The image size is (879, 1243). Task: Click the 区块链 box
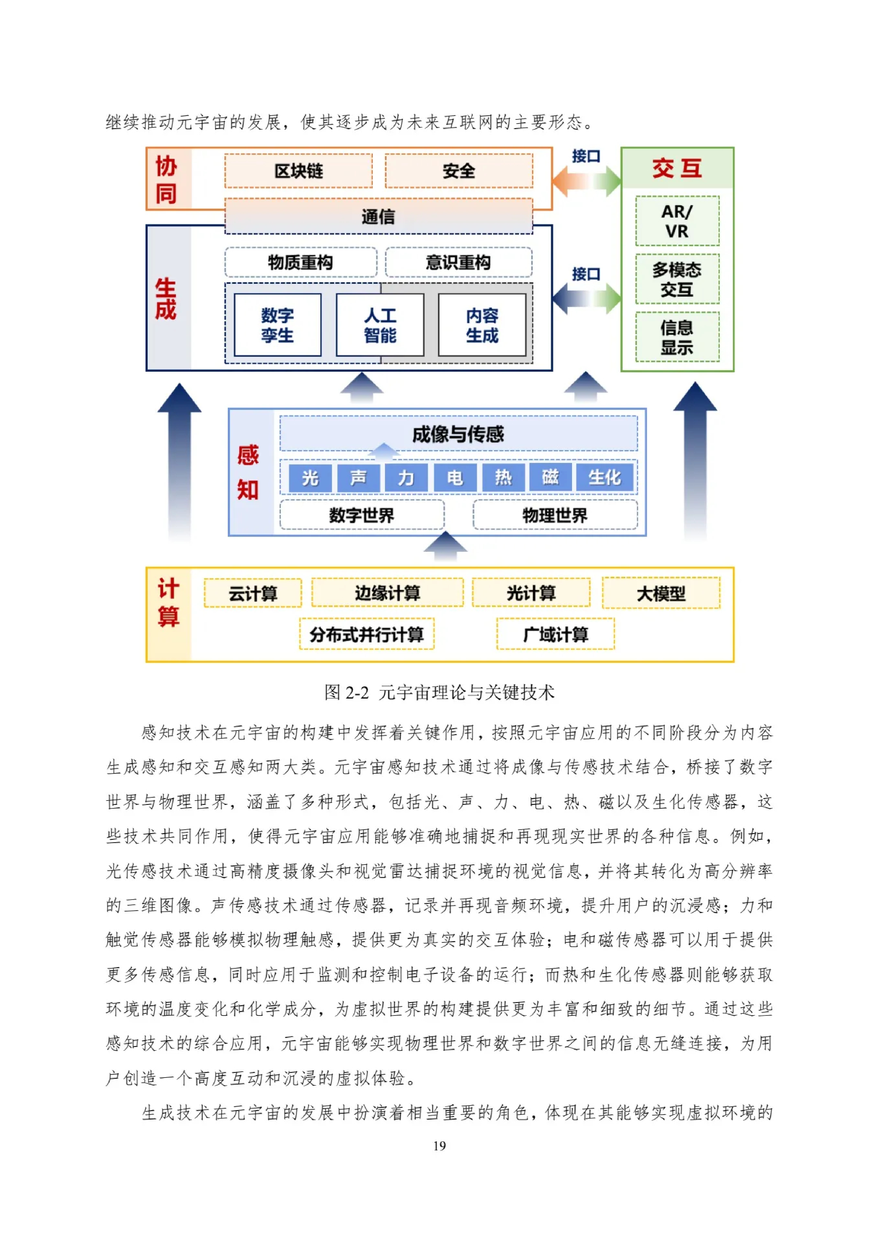click(x=298, y=171)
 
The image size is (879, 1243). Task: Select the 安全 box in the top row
click(x=458, y=171)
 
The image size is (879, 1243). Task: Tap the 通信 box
click(x=378, y=216)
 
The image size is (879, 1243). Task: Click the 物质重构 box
click(x=300, y=262)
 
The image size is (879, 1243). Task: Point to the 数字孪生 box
click(x=277, y=325)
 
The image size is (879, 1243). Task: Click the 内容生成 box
click(x=482, y=325)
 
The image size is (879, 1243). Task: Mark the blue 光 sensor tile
click(x=310, y=477)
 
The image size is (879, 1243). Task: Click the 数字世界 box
click(x=361, y=515)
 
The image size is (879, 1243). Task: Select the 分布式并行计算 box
click(x=366, y=634)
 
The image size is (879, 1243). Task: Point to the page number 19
click(x=439, y=1145)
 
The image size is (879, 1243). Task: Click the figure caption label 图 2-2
click(x=346, y=692)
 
